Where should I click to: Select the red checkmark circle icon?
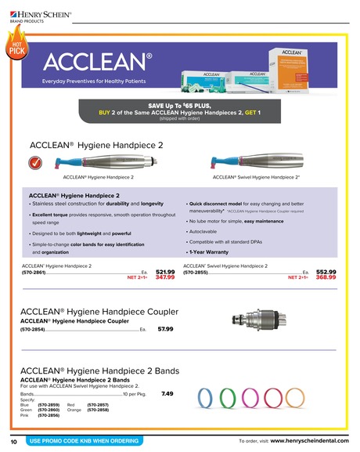[x=34, y=163]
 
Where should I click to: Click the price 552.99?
[x=326, y=271]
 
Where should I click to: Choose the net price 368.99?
[x=326, y=277]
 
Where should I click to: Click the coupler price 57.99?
[x=165, y=330]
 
